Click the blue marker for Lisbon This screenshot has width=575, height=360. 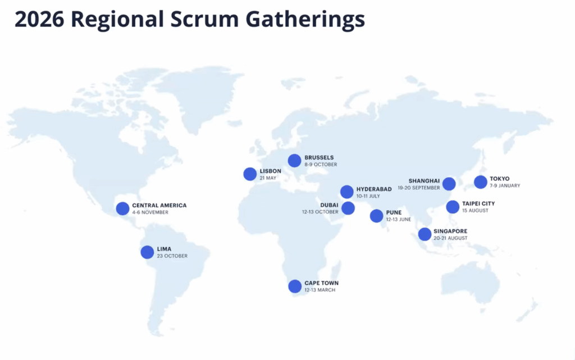(x=250, y=174)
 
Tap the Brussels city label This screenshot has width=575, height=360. (x=319, y=158)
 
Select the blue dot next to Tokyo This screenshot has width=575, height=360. (x=480, y=182)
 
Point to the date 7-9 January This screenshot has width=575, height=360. (x=505, y=186)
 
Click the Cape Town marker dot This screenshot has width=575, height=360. (x=295, y=286)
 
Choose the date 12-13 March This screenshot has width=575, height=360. (x=320, y=290)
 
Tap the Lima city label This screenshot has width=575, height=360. (x=165, y=249)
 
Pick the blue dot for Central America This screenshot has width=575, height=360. (x=122, y=208)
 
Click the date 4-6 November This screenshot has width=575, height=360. (x=150, y=212)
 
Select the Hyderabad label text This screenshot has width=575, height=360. (x=374, y=189)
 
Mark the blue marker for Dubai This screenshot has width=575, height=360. (x=348, y=208)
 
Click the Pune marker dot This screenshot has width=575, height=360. (x=376, y=216)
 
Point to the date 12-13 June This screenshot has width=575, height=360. (x=398, y=220)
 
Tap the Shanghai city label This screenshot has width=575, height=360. (x=424, y=181)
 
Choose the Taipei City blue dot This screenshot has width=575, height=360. (x=453, y=207)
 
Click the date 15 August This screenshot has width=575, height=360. (x=475, y=211)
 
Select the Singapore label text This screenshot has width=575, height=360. (x=450, y=231)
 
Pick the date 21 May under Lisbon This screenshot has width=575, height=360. (x=268, y=178)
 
